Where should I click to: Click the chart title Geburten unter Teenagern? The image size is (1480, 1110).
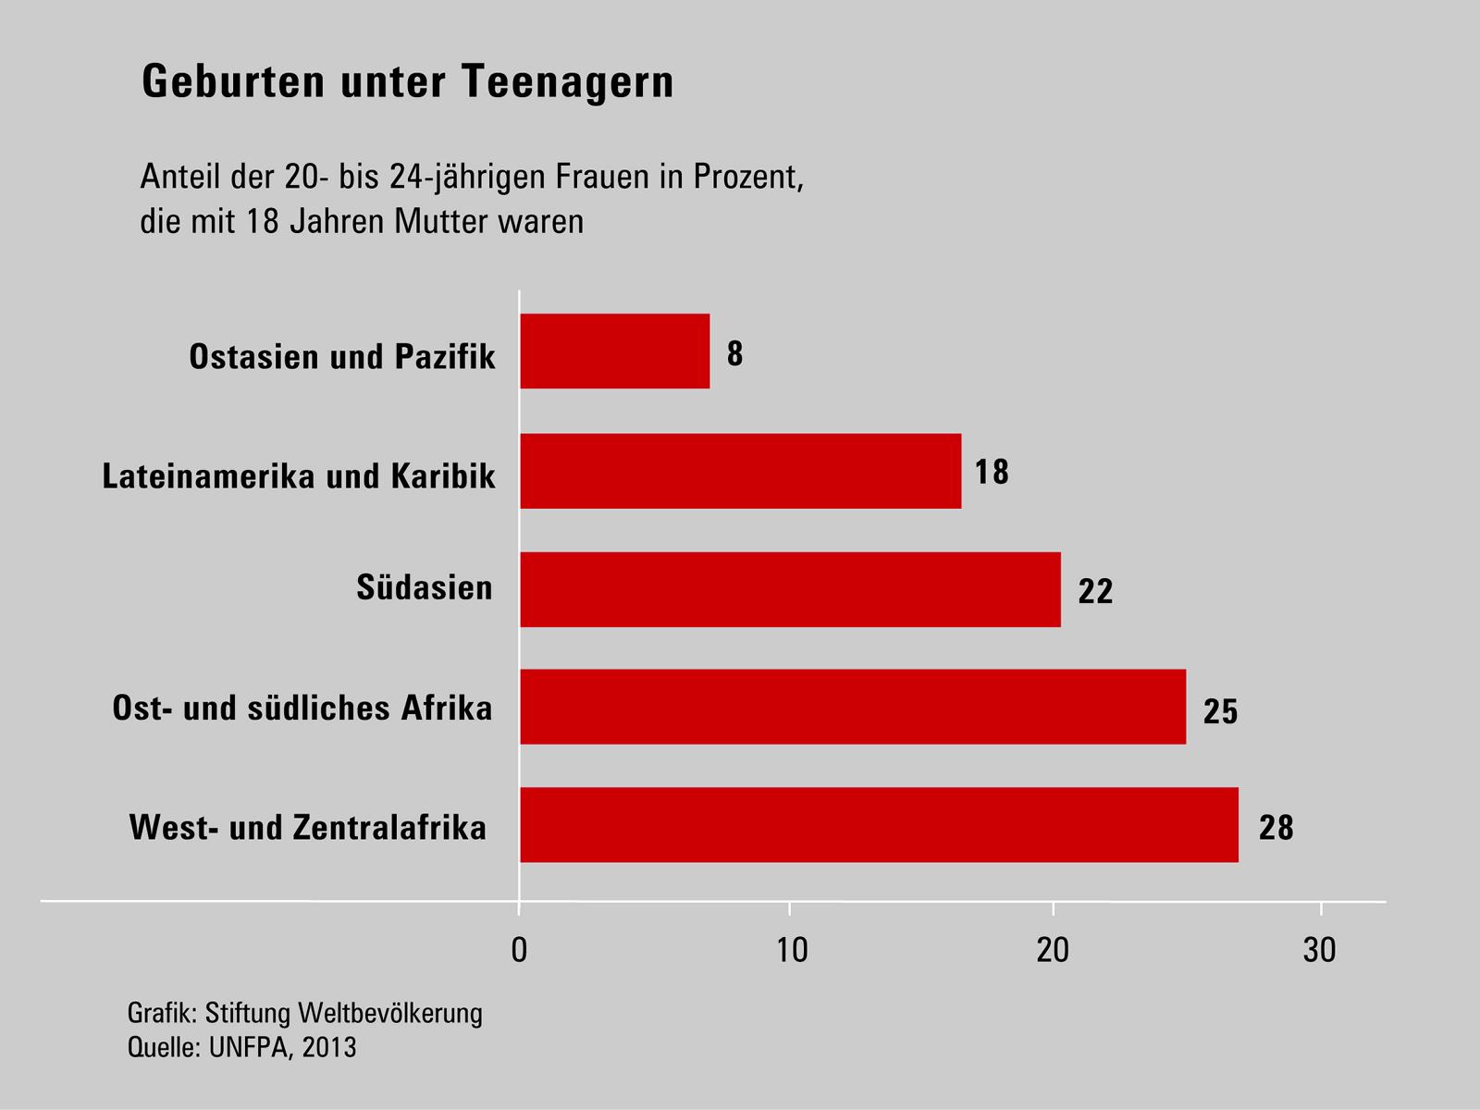(x=408, y=82)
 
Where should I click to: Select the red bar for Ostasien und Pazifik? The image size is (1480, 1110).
(x=614, y=351)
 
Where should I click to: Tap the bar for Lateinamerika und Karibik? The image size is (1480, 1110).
(x=740, y=471)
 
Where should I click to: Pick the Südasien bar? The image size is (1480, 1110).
(x=790, y=589)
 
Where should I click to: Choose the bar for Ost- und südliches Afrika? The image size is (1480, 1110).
(x=852, y=707)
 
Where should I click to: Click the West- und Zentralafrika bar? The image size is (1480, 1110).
(x=879, y=825)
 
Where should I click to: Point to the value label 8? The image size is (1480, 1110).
(x=734, y=354)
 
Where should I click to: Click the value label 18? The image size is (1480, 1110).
(x=992, y=473)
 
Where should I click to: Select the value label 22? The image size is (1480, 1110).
(x=1095, y=592)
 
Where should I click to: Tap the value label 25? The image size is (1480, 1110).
(x=1220, y=711)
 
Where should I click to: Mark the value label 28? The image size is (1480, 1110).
(x=1276, y=827)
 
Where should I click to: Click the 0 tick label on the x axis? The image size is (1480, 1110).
(x=520, y=950)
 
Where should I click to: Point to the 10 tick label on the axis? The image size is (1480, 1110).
(x=791, y=950)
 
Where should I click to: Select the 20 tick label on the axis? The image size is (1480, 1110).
(x=1053, y=950)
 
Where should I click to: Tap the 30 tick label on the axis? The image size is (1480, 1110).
(x=1320, y=950)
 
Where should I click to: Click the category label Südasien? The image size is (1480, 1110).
(x=425, y=587)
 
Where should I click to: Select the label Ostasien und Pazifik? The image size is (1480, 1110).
(x=342, y=356)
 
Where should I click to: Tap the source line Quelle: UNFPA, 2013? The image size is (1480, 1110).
(x=241, y=1048)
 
